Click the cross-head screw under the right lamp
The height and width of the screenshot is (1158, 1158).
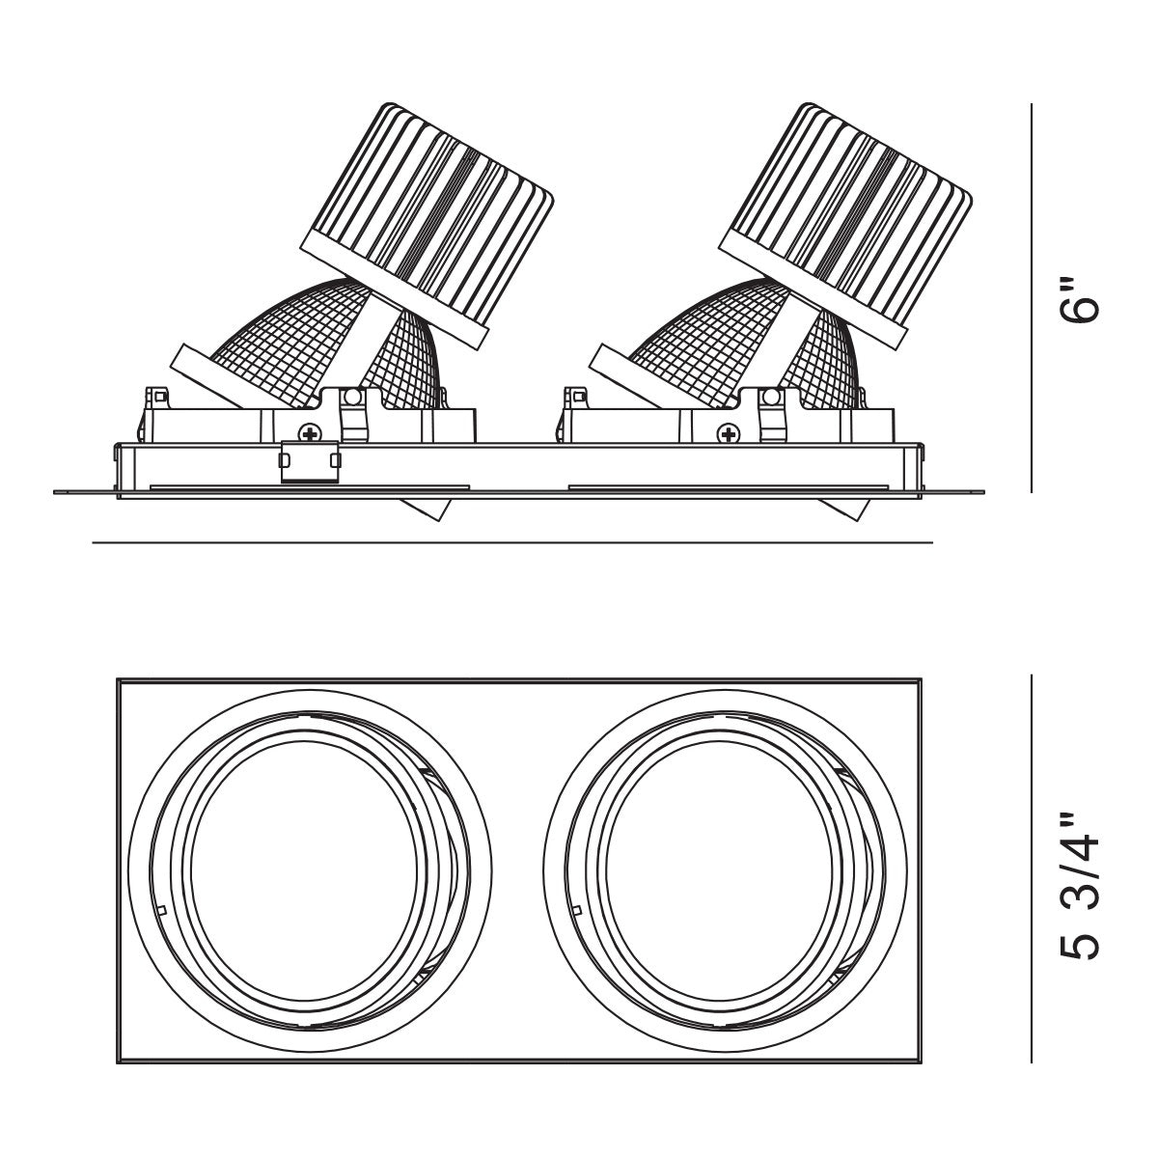(x=728, y=434)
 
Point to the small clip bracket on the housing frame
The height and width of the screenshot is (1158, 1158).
(x=310, y=460)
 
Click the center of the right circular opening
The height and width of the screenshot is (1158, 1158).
(x=726, y=873)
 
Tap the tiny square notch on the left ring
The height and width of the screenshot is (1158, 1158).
(x=161, y=910)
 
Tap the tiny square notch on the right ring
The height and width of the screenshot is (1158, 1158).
(x=576, y=910)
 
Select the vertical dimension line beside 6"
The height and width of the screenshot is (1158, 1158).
(x=1033, y=299)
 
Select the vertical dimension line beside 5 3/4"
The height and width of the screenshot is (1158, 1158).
(x=1033, y=868)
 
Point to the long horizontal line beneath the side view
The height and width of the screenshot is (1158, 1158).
(x=511, y=543)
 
